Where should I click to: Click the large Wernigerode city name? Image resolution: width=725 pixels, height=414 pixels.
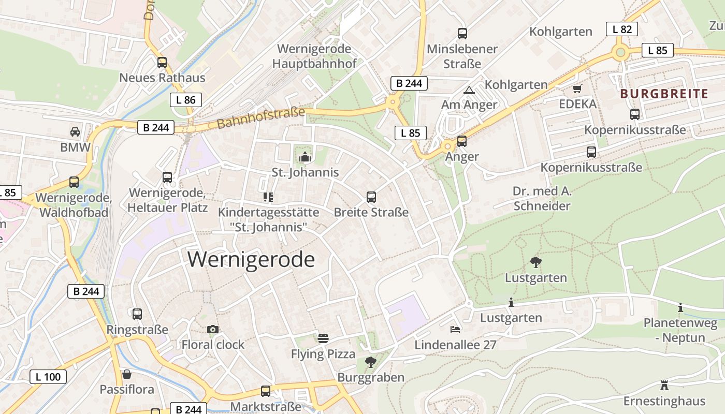coord(251,259)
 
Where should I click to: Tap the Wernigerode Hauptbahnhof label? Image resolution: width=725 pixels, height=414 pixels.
coord(314,56)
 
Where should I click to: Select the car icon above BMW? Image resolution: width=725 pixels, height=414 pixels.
coord(75,131)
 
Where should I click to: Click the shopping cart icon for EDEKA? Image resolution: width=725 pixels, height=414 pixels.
coord(577,88)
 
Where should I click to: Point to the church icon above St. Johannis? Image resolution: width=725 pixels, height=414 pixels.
coord(306,157)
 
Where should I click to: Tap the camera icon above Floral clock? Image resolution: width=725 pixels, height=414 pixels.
coord(212,329)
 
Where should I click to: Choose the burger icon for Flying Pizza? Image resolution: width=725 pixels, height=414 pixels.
coord(323,338)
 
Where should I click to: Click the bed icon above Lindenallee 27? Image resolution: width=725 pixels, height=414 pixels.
coord(455,329)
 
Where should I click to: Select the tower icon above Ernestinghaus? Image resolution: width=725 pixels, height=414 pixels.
coord(664,386)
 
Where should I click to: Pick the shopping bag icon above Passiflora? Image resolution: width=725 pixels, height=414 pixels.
coord(127,374)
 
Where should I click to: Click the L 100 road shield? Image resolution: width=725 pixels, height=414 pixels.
coord(48,377)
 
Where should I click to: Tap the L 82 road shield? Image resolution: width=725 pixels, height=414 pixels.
coord(621,29)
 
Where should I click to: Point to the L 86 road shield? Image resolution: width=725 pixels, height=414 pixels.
coord(185,100)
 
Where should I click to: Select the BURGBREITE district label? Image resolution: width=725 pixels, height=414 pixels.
coord(664,94)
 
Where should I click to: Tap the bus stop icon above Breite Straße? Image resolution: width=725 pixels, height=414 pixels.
coord(371,197)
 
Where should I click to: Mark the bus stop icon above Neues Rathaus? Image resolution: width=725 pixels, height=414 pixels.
coord(162,63)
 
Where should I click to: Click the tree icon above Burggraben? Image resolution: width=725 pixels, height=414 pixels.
coord(370,362)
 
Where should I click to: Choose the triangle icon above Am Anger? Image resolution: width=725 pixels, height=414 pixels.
coord(469,90)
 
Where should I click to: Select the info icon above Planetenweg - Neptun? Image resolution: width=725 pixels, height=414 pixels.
coord(680,308)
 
